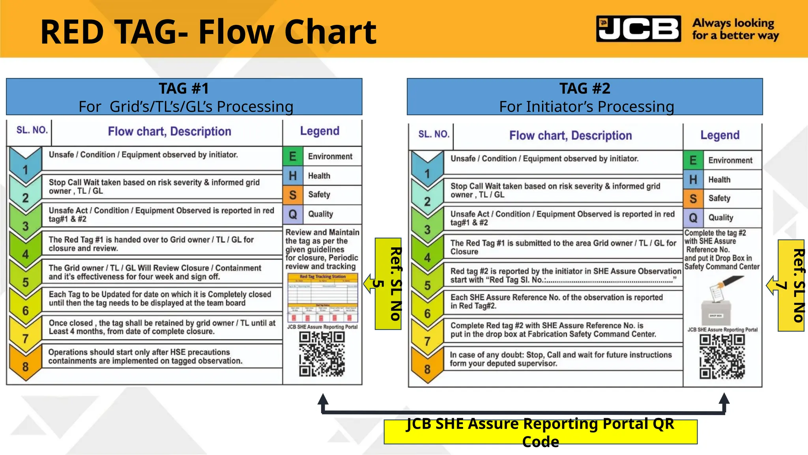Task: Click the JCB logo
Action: [x=638, y=29]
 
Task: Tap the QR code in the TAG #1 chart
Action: [x=322, y=354]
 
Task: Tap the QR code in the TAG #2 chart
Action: [x=722, y=357]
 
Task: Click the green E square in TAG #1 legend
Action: [x=293, y=156]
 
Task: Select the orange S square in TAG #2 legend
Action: [x=693, y=199]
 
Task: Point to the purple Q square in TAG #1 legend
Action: [x=293, y=214]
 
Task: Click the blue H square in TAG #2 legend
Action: [x=693, y=180]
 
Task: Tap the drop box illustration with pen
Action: [x=720, y=300]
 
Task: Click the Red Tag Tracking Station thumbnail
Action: [x=323, y=298]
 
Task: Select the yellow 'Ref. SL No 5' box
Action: [x=388, y=284]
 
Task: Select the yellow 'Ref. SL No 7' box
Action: [x=791, y=285]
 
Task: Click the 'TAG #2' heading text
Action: [x=584, y=88]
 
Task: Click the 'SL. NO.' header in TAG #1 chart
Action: [x=32, y=130]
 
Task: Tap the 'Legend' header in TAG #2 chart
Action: [x=720, y=135]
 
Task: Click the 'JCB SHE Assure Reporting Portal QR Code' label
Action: [x=540, y=432]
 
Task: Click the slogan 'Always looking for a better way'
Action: [x=735, y=29]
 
